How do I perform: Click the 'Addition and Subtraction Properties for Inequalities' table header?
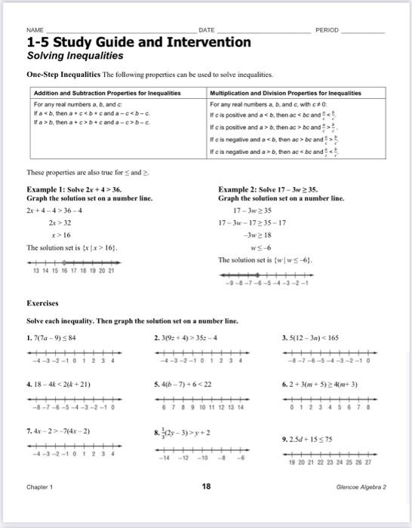tap(107, 93)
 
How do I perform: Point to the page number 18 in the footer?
tap(206, 508)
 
